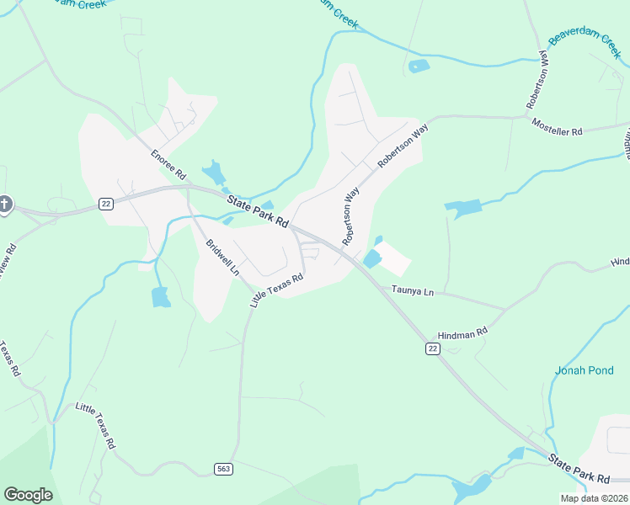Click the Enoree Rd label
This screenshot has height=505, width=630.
(x=168, y=164)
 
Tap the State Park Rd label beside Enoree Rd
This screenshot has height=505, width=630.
(x=258, y=211)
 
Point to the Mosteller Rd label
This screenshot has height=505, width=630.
(x=557, y=127)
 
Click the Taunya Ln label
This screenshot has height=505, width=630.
(x=412, y=291)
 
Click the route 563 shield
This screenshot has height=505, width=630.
(x=222, y=469)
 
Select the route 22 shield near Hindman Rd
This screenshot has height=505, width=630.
(x=432, y=348)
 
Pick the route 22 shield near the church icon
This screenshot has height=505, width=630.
(x=105, y=204)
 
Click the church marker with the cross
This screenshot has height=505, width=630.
(x=5, y=205)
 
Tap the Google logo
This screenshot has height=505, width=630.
(x=28, y=495)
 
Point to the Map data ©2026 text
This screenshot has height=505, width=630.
(x=593, y=498)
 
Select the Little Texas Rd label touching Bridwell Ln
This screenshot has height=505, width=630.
(x=276, y=289)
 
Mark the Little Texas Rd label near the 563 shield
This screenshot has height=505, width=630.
(x=95, y=425)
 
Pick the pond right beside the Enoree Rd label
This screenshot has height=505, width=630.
(x=213, y=173)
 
